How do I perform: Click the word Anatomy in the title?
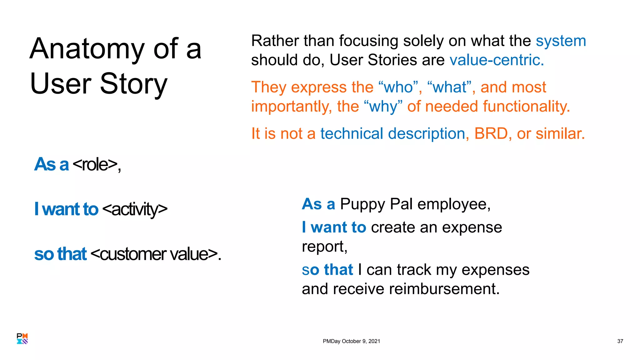coord(87,49)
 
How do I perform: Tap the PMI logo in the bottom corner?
coord(22,339)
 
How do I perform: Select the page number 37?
coord(620,341)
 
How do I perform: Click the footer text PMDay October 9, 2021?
coord(351,341)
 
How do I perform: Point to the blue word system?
coord(561,41)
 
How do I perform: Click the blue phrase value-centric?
coord(497,60)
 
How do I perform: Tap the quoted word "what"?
coord(450,87)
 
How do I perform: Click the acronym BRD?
coord(491,134)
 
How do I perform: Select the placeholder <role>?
coord(95,164)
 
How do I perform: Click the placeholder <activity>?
coord(135,209)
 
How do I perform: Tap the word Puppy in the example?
coord(362,205)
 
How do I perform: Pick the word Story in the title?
coord(133,84)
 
